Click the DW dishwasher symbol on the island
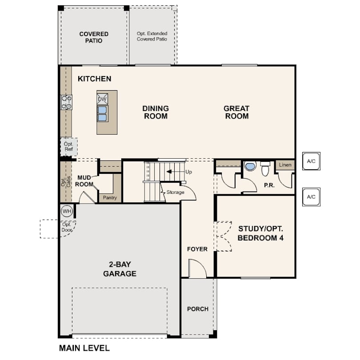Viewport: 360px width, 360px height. [102, 99]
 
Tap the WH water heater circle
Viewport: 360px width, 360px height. [67, 211]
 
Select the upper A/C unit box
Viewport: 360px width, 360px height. [311, 161]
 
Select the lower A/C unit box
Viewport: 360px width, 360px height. [311, 197]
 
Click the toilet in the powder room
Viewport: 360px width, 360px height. [265, 168]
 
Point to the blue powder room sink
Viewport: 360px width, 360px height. [250, 166]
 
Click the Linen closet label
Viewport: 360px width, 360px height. [285, 165]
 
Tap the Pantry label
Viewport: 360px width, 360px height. [110, 198]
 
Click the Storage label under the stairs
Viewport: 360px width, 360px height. [175, 192]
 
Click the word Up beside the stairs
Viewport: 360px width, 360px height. [188, 172]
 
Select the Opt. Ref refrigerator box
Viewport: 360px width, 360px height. [68, 147]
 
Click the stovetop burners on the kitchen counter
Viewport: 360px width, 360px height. [67, 102]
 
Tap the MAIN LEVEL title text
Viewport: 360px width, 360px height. [84, 348]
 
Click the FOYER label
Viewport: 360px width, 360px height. [197, 249]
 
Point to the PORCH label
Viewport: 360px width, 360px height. [198, 309]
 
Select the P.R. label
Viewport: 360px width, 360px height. [269, 185]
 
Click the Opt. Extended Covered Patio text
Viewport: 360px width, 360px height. [152, 36]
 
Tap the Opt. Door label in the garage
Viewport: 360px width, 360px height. [67, 227]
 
